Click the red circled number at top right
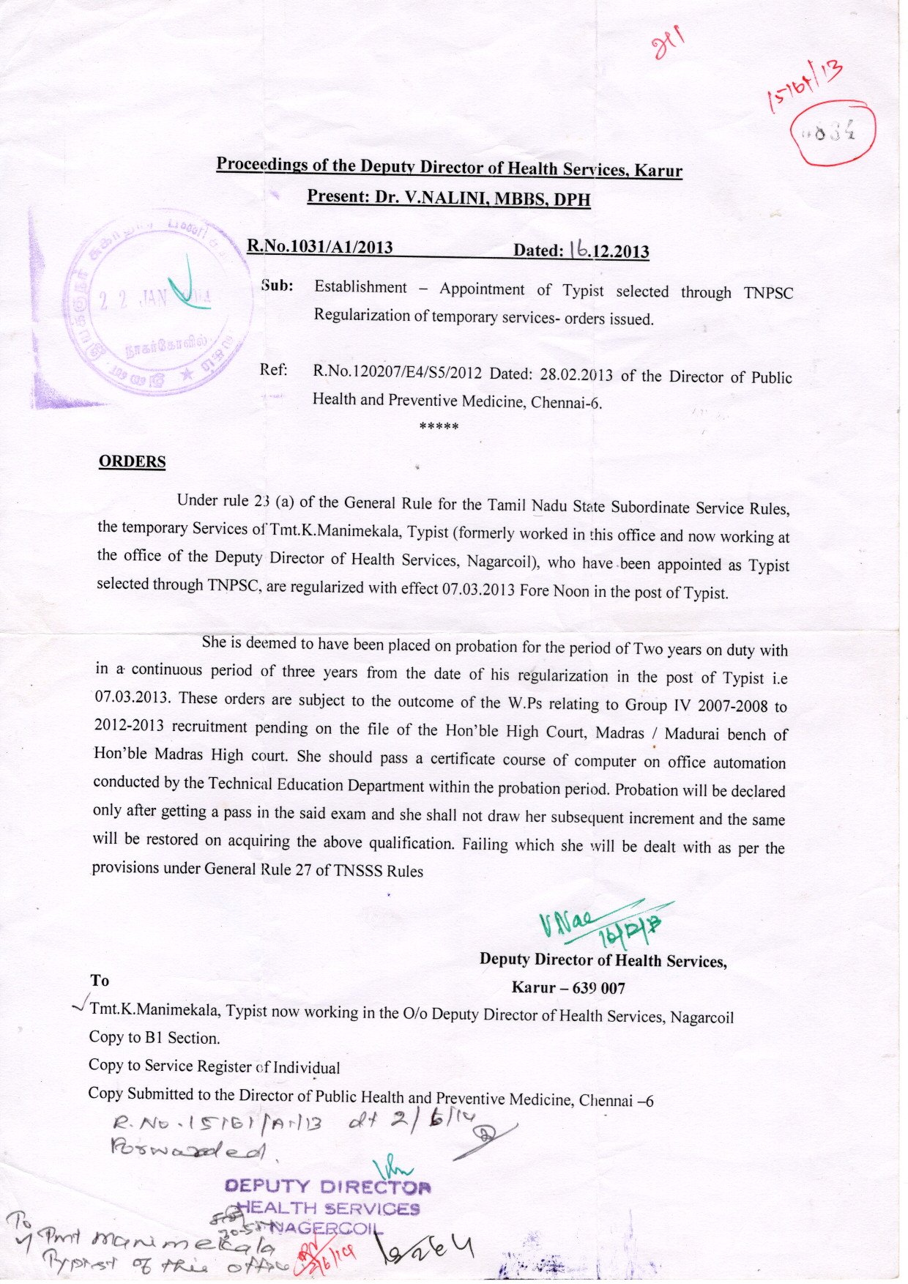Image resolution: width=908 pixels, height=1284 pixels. [x=834, y=133]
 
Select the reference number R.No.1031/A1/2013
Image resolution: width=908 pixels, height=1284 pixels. [x=319, y=246]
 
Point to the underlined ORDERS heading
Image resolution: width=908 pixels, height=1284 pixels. [x=132, y=461]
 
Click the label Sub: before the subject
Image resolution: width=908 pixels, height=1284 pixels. [x=277, y=286]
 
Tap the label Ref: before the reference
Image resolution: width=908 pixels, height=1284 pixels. [x=273, y=369]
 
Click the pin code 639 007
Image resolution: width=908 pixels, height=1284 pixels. [x=599, y=988]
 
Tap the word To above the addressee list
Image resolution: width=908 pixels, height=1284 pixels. [x=100, y=980]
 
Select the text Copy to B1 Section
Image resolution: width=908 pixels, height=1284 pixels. [x=154, y=1037]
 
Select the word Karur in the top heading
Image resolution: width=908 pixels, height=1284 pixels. [x=658, y=171]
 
